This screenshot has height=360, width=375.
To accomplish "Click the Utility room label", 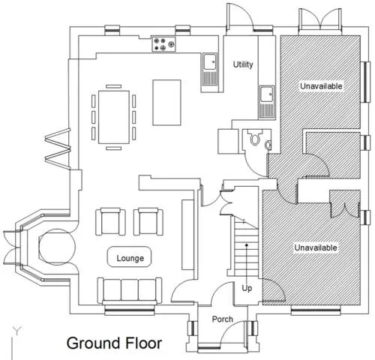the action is (243, 64).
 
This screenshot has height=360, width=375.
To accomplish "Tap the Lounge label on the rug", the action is (130, 258).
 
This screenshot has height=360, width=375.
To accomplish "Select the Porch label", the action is (222, 319).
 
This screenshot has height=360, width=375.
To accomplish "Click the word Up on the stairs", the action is (247, 288).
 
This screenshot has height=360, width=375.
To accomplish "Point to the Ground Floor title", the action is (114, 343).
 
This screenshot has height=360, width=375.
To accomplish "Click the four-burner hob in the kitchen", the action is (163, 44).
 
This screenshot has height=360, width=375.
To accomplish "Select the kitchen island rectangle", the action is (166, 103).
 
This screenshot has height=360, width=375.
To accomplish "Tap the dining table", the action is (114, 117).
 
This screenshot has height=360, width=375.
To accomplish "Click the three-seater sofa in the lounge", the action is (130, 290).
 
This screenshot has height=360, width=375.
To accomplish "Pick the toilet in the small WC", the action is (254, 138).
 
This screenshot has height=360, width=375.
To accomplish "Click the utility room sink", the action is (266, 101).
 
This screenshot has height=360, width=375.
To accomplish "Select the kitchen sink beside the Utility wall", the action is (210, 69).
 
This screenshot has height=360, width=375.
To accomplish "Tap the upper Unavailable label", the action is (321, 86).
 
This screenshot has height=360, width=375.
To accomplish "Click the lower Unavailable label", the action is (316, 247).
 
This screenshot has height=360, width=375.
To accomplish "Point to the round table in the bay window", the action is (57, 247).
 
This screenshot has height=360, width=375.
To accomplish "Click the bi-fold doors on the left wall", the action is (58, 148).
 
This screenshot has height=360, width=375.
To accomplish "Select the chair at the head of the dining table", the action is (114, 86).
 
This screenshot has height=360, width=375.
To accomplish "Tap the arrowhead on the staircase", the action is (247, 244).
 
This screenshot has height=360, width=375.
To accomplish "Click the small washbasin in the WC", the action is (268, 145).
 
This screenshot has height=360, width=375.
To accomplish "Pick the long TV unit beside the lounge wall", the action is (187, 235).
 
